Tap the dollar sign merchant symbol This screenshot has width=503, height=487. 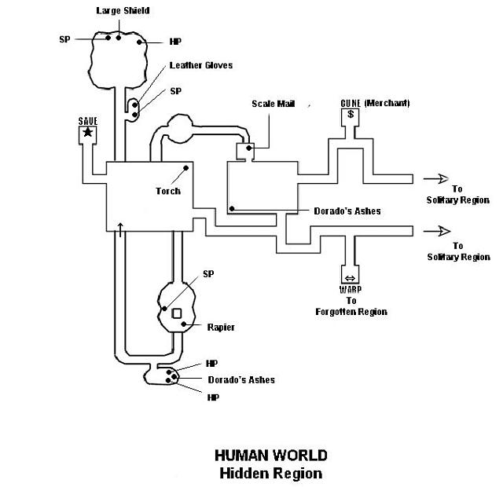[350, 115]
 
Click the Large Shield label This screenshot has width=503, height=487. [123, 11]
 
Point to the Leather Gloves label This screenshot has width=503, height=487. [200, 65]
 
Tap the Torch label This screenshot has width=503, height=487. [168, 191]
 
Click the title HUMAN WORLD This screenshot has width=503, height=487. [270, 455]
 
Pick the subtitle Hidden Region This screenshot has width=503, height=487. [270, 473]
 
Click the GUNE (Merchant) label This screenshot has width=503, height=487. [375, 103]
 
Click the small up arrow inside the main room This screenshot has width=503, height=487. [119, 227]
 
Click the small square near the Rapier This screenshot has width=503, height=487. [177, 314]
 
